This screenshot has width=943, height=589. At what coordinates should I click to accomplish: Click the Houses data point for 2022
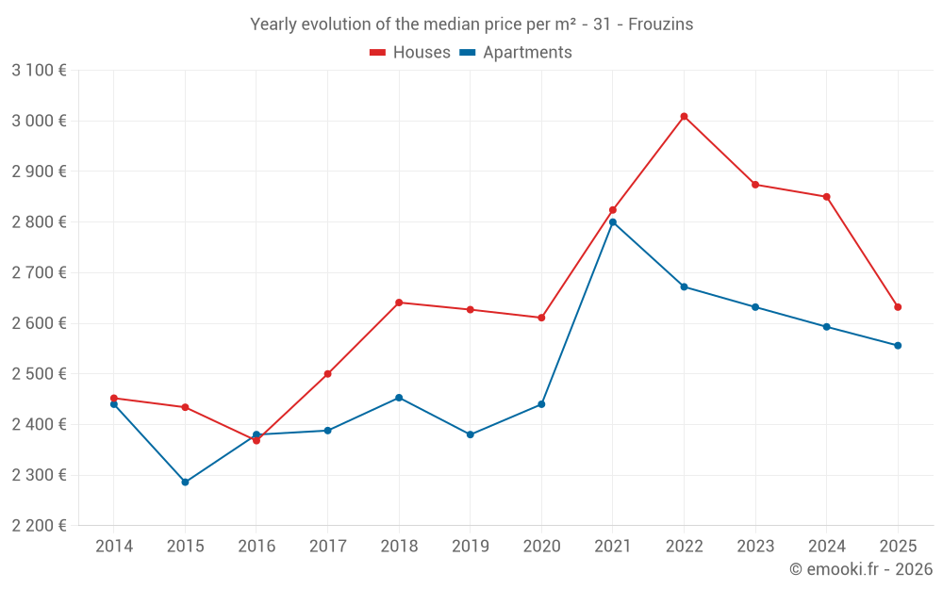click(x=684, y=117)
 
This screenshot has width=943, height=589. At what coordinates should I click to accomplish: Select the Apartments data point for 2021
click(x=613, y=222)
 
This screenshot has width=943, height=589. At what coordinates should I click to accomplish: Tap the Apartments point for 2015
click(x=185, y=482)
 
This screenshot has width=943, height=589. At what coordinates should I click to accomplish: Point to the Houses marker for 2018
click(x=399, y=303)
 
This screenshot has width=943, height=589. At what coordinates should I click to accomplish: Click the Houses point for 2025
click(x=898, y=307)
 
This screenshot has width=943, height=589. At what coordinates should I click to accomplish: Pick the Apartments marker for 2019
click(x=471, y=434)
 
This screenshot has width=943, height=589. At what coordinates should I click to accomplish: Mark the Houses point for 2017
click(x=327, y=374)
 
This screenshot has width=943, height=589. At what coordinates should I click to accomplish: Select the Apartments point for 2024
click(x=827, y=327)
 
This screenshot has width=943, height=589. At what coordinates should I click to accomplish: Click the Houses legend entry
click(x=410, y=53)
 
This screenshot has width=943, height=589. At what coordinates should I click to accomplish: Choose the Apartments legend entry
click(x=516, y=53)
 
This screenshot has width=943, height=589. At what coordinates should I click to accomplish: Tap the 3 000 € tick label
click(x=39, y=121)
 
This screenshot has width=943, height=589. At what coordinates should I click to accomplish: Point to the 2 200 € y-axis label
click(x=39, y=526)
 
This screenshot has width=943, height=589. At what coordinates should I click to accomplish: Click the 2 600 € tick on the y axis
click(x=39, y=323)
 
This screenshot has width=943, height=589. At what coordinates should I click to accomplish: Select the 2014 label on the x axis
click(x=114, y=547)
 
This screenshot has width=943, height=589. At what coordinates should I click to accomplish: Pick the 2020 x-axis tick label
click(x=541, y=547)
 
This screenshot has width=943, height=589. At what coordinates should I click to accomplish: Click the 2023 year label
click(x=755, y=547)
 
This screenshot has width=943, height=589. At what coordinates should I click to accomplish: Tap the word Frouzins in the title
click(x=660, y=25)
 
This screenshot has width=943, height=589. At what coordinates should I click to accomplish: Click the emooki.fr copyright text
click(x=860, y=569)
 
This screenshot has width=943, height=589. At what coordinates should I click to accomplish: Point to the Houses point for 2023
click(x=755, y=185)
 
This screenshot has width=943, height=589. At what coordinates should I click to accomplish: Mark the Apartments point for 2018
click(x=399, y=398)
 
